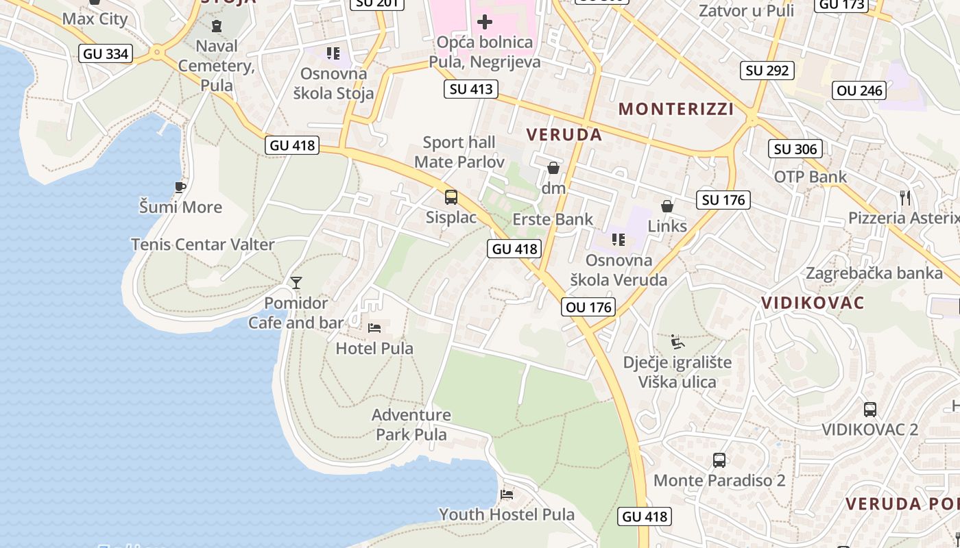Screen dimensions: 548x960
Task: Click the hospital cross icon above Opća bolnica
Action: [485, 22]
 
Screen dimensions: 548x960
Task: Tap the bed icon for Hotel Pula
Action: [374, 328]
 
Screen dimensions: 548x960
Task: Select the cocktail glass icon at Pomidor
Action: [296, 282]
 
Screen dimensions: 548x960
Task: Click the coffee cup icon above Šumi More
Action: [180, 187]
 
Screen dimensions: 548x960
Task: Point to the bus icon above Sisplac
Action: [451, 197]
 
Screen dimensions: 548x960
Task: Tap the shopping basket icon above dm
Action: [553, 168]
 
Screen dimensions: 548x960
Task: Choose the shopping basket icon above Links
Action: [667, 206]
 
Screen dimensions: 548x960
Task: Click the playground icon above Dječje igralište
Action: [677, 341]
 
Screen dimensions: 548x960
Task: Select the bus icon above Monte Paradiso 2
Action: [719, 460]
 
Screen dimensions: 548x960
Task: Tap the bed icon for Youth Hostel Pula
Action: [507, 494]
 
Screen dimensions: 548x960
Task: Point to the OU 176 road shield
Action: [588, 307]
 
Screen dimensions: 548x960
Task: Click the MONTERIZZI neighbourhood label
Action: [676, 109]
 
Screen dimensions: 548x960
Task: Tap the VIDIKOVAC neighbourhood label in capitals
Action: [813, 303]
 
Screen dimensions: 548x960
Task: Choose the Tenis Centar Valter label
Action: [202, 245]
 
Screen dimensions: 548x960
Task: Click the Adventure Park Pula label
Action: [411, 425]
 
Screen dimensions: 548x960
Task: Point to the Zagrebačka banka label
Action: [874, 273]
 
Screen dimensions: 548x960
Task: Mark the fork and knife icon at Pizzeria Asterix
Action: [905, 198]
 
